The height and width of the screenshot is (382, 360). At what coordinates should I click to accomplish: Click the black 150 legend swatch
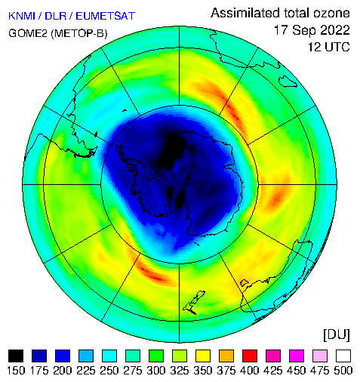pos(16,356)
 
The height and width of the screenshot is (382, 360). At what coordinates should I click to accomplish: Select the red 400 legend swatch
pos(250,356)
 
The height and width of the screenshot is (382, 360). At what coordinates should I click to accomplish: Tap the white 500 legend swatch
pos(343,356)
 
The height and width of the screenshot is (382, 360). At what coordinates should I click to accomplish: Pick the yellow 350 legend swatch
pos(203,356)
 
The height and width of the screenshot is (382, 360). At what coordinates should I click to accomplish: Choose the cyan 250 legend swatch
pos(109,356)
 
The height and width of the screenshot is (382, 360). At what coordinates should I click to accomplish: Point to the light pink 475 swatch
pos(320,356)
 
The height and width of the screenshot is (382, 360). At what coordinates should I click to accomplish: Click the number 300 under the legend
pos(156,371)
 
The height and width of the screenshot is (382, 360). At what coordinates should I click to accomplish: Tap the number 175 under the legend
pos(39,371)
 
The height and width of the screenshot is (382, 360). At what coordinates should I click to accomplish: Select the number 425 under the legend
pos(273,371)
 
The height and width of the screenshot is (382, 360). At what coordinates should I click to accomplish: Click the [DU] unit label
pos(337,335)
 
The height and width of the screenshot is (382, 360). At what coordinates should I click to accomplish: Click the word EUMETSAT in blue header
pos(106,16)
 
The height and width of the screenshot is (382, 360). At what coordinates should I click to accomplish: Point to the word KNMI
pos(22,16)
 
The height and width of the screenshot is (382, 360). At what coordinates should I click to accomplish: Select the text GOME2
pos(28,33)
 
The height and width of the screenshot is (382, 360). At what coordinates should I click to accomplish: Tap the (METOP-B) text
pos(79,33)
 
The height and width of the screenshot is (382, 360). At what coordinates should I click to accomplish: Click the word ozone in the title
pos(331,13)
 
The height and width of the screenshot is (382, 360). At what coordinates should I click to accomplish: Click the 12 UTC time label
pos(329,47)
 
